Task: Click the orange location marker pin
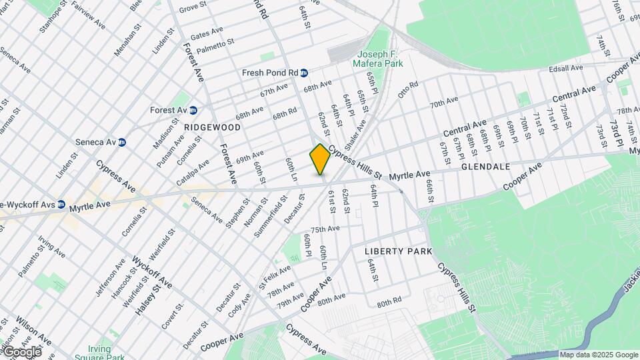coord(320,159)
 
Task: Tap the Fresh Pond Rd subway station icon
coord(303,73)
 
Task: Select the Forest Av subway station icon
coord(193,110)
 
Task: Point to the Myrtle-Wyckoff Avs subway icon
coord(61,204)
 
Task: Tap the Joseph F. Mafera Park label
coord(381,59)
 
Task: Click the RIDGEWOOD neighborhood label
coord(212,127)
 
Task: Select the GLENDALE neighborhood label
coord(485,166)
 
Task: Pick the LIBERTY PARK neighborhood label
coord(398,251)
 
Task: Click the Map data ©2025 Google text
coord(598,355)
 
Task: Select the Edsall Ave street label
coord(566,69)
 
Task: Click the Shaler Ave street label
coord(355,135)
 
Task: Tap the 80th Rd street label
coord(389,302)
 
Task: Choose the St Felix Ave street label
coord(275,274)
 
